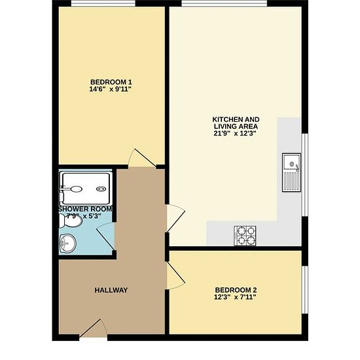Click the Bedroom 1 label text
coord(111,82)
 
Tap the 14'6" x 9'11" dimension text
coord(110,89)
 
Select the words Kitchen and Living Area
coord(236,123)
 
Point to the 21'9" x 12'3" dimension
coord(235,134)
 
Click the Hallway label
coord(111,290)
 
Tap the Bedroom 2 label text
coord(236,290)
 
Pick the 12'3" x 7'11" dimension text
coord(235,297)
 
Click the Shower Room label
coord(85,209)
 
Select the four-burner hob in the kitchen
coord(245,236)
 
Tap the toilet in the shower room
coord(70,221)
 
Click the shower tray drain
coord(101,189)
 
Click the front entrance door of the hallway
coord(94,328)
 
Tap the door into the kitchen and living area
coord(175,218)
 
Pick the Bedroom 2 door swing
coord(175,276)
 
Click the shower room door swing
coord(105,236)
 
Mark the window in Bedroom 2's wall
coord(304,290)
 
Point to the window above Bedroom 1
coord(103,3)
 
